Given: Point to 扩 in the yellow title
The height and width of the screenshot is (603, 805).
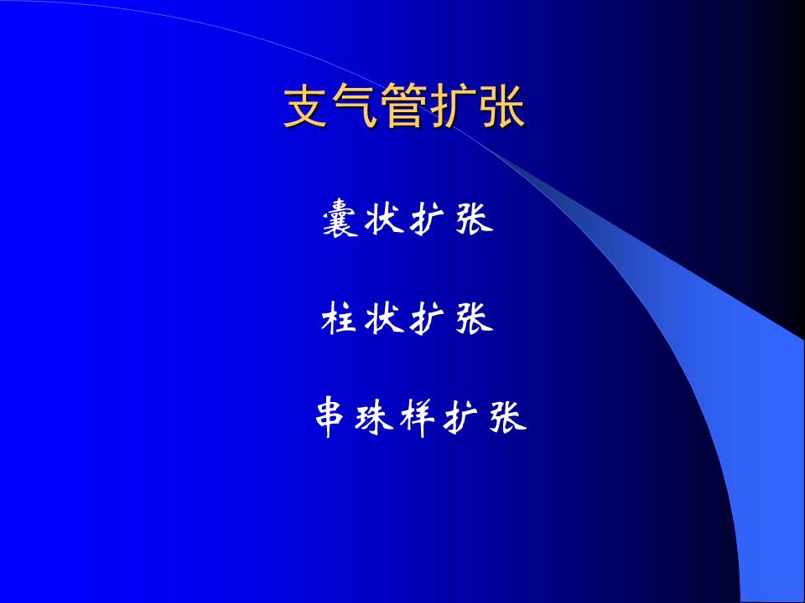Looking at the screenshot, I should click(x=454, y=107).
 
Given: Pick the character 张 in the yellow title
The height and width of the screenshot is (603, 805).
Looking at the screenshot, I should click(x=502, y=107).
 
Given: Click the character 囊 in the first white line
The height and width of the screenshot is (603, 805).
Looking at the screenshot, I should click(x=340, y=219).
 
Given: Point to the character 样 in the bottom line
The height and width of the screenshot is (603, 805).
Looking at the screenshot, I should click(x=419, y=417).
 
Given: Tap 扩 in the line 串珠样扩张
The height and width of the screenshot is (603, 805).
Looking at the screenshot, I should click(x=464, y=417).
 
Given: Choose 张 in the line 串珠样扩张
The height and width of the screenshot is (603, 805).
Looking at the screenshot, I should click(x=508, y=417).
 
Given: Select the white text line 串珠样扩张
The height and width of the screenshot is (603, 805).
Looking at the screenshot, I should click(x=419, y=417).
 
